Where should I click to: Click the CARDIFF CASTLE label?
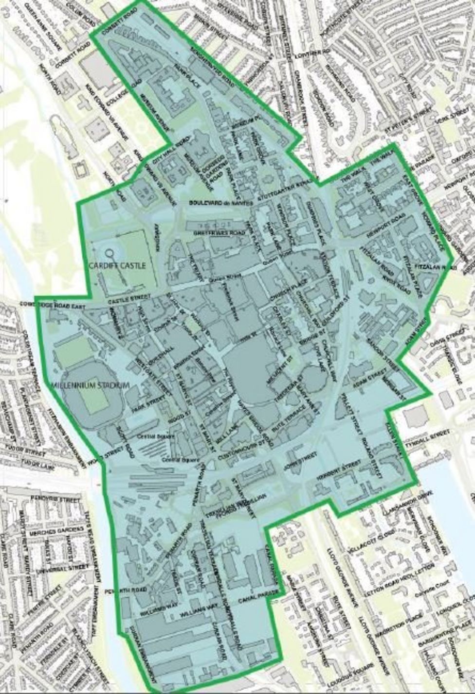tap(117, 266)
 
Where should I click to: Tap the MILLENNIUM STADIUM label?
tap(91, 385)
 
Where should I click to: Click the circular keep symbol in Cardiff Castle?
tap(110, 254)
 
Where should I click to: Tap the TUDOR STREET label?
tap(24, 450)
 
